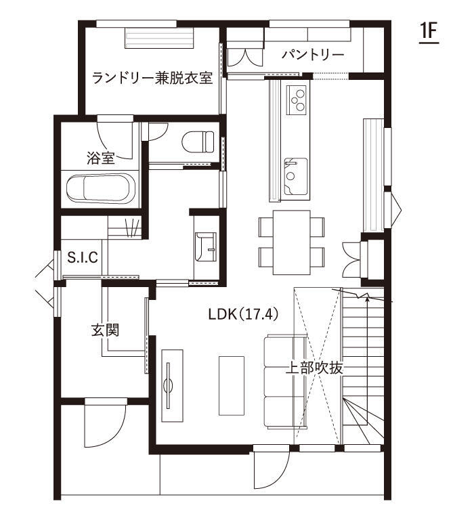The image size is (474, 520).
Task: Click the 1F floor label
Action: pos(429,32)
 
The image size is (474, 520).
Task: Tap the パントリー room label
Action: pos(313,55)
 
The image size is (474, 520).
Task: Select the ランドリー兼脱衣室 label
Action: pos(152,79)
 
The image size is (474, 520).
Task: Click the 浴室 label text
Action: pos(101,158)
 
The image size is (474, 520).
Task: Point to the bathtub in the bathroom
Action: pos(100,188)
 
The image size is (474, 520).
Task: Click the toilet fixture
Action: pos(198,142)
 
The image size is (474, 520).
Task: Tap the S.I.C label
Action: pos(83,257)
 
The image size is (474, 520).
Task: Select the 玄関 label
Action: pos(105,330)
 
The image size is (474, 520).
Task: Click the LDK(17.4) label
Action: pos(243,314)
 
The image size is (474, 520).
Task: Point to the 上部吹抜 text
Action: pos(314,368)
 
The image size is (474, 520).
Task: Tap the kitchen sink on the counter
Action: pos(295,177)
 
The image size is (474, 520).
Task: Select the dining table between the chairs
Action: pos(292,242)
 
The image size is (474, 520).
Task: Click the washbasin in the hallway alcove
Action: pos(206,247)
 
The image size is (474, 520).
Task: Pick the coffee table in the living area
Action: pos(232,386)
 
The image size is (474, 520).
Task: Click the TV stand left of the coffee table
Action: pos(172,386)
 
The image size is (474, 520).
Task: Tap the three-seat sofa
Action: pos(285,382)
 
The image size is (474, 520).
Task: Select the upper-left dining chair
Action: pos(265,227)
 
